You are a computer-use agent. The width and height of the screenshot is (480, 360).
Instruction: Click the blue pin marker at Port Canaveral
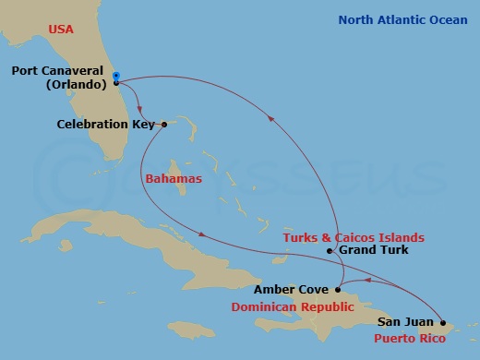pos(116,77)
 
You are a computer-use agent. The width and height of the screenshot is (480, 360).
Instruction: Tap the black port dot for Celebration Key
pos(162,125)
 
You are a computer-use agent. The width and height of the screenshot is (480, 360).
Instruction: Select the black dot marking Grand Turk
pos(330,250)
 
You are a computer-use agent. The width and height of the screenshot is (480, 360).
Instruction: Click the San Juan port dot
pos(442,323)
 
